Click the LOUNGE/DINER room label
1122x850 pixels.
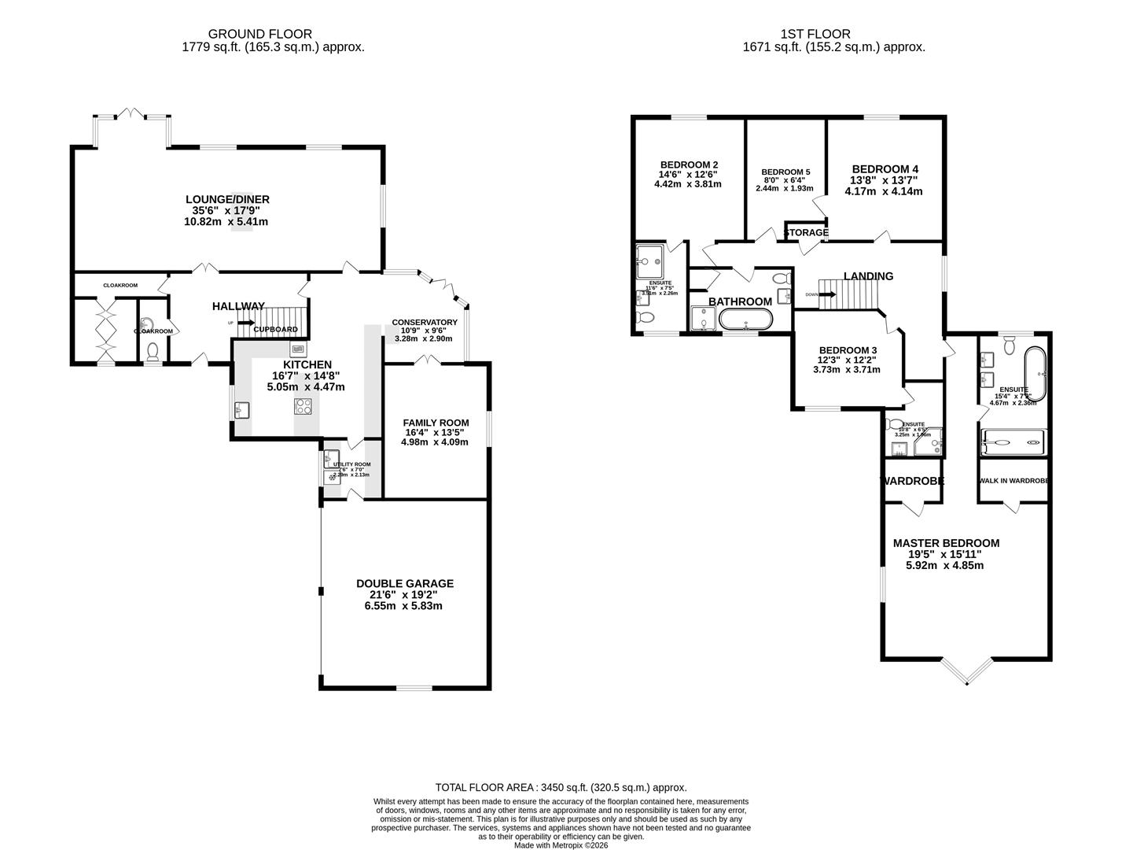(x=226, y=199)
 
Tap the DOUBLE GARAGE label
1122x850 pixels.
(x=405, y=583)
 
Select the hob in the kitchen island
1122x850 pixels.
(x=303, y=406)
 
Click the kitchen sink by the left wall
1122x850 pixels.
(x=241, y=410)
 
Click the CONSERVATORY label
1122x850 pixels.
(x=425, y=323)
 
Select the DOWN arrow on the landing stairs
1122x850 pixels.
(x=826, y=294)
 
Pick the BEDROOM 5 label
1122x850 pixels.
(x=785, y=172)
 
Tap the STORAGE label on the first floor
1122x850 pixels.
(x=806, y=233)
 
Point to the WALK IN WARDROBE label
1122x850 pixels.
(x=1014, y=481)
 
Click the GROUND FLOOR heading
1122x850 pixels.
(x=259, y=34)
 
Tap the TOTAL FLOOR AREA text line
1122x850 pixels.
(x=561, y=787)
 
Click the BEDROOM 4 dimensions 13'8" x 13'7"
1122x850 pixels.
(x=885, y=180)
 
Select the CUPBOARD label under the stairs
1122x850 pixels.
(x=275, y=329)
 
